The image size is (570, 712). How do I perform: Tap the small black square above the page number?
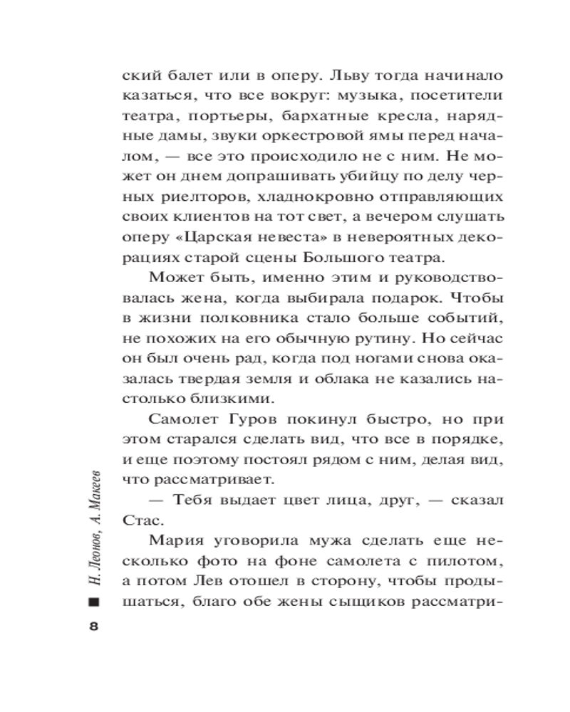click(x=93, y=603)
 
